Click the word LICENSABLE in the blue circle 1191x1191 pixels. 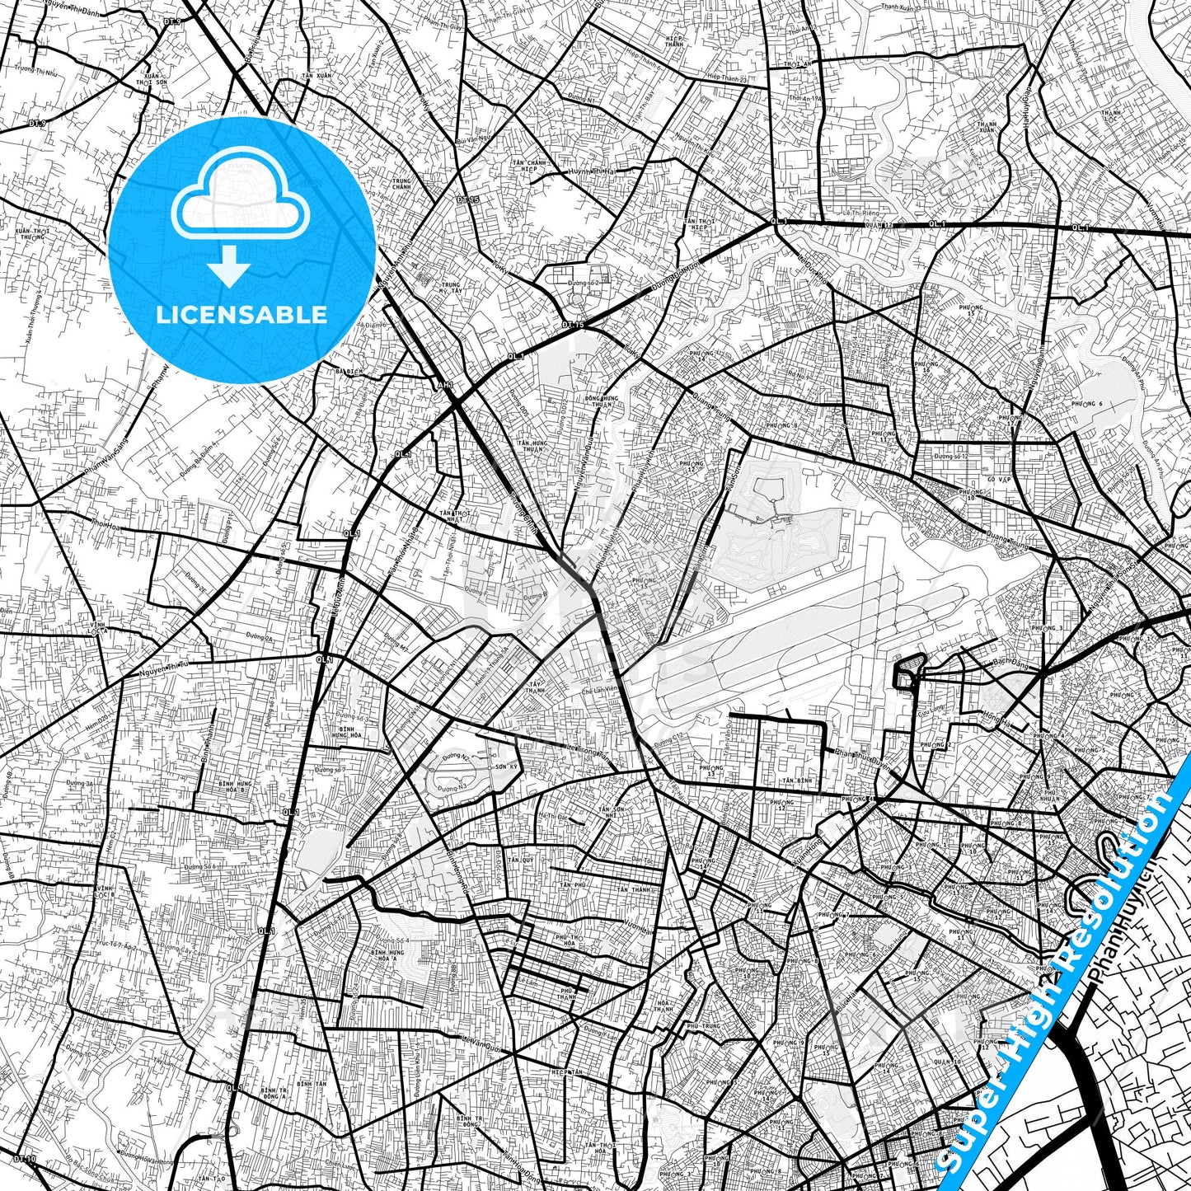tap(241, 315)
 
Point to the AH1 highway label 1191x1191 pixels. tap(446, 385)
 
